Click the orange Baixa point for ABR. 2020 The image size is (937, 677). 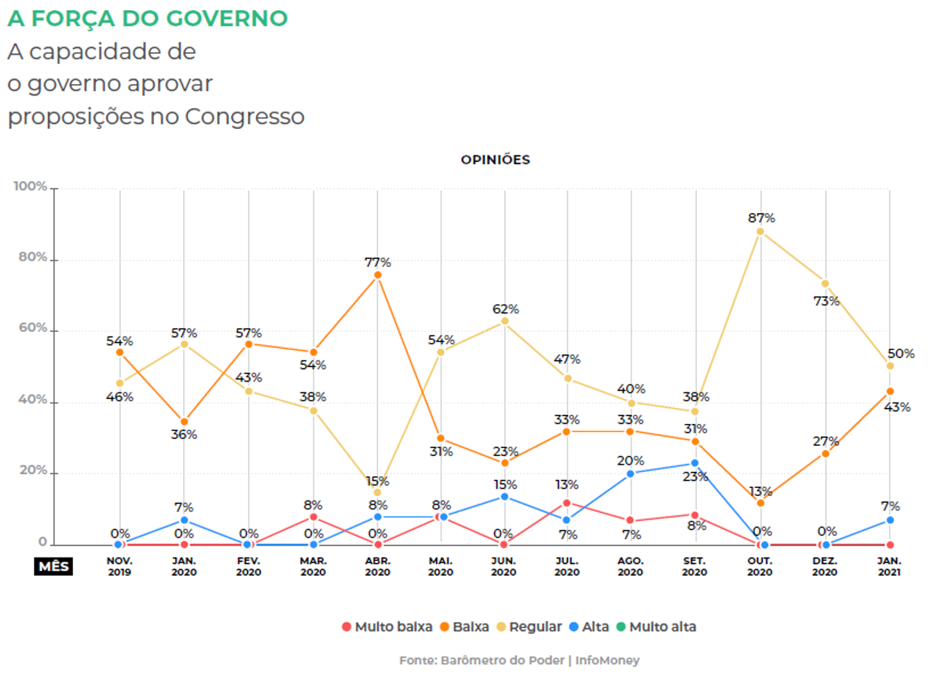point(378,275)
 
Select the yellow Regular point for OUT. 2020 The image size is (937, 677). point(761,231)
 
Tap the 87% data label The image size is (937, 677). point(761,217)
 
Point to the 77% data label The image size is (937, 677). point(378,262)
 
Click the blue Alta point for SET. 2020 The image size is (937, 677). point(695,463)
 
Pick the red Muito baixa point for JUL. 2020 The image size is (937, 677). point(567,503)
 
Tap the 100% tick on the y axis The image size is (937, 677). point(30,187)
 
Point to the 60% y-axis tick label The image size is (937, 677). point(33,329)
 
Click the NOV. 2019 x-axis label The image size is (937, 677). point(120,567)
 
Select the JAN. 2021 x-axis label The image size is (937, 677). point(890,567)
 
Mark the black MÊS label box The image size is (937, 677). point(53,566)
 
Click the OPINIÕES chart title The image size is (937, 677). point(495,160)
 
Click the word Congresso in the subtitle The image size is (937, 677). point(244,116)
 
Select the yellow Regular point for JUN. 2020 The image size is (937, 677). point(504,321)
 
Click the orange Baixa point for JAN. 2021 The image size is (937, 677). point(890,391)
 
